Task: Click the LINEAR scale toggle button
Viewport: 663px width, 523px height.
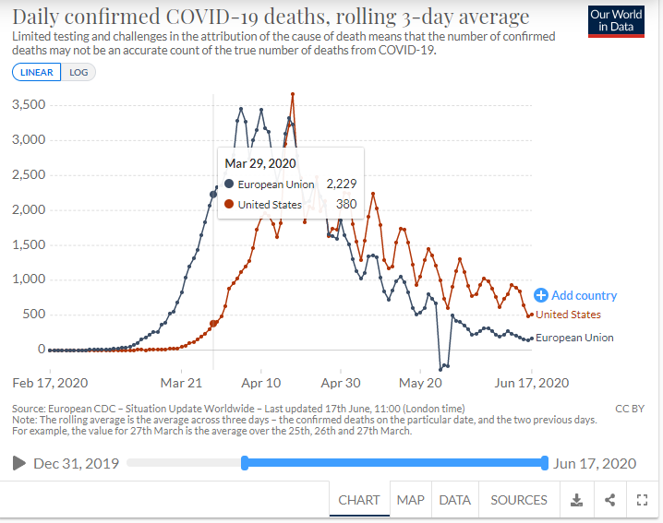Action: (36, 72)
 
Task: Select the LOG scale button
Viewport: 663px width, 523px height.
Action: (78, 72)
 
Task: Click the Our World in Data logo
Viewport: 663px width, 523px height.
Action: (616, 21)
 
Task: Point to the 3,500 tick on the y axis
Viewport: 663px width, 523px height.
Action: (29, 105)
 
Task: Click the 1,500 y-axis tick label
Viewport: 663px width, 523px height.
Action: (29, 244)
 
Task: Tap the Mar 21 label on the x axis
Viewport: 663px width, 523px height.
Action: (181, 382)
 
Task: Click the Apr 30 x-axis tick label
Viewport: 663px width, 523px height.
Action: (341, 382)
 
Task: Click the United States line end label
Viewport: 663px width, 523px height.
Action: (569, 315)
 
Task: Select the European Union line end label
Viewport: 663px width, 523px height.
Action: (574, 338)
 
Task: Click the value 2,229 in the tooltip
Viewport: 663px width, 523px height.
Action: (341, 184)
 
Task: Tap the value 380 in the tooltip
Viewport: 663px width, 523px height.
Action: (346, 204)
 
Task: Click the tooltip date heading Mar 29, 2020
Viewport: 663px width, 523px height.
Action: (260, 163)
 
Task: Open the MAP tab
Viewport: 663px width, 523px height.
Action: (410, 500)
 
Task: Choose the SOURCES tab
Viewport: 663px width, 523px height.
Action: (519, 500)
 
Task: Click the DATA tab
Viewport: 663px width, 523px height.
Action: (454, 500)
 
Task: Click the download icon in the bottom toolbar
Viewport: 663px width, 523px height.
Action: (576, 500)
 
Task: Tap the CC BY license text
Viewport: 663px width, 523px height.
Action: (630, 408)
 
